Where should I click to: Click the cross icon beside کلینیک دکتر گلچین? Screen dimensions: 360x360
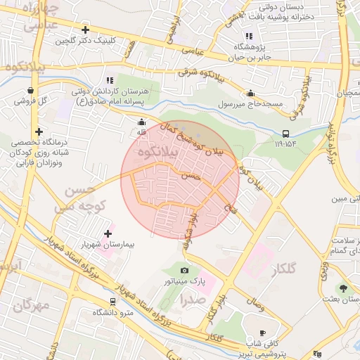(85, 30)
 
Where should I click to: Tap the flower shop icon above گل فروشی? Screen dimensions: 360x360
(31, 90)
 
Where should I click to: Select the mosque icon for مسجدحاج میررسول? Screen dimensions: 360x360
(250, 93)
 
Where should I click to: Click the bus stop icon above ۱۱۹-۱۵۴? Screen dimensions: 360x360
(285, 134)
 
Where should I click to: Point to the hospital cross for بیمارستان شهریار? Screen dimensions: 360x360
(108, 233)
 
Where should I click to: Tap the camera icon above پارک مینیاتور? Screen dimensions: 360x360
(184, 270)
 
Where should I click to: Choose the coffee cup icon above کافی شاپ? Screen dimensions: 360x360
(262, 333)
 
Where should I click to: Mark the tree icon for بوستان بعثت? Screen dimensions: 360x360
(343, 288)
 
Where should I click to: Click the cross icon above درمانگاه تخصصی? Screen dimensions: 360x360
(39, 131)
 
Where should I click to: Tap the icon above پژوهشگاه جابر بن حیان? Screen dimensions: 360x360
(248, 36)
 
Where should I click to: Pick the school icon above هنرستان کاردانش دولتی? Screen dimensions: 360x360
(108, 81)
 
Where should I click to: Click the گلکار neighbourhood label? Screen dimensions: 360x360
(282, 269)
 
